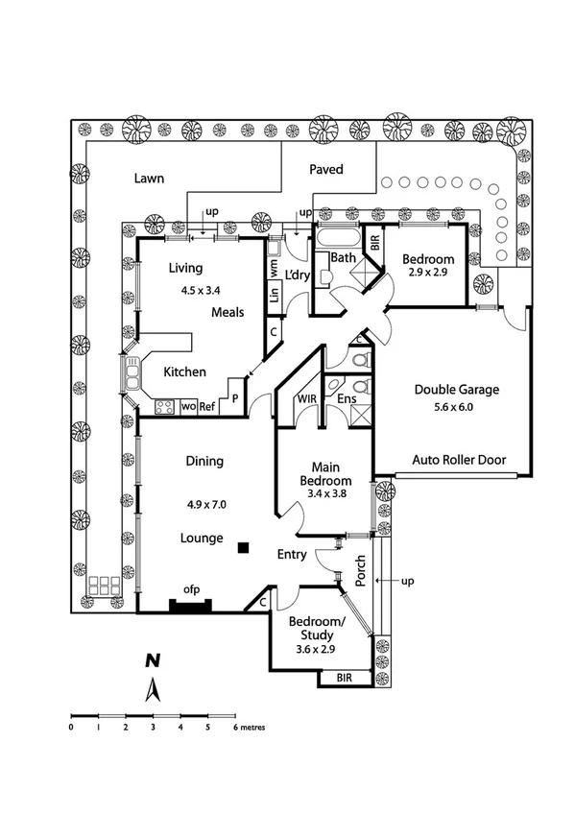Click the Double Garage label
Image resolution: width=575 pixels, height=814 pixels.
(457, 390)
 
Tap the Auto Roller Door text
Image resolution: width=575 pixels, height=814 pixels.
(459, 460)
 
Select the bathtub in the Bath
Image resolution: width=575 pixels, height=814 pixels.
(338, 239)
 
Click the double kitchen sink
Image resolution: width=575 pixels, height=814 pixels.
(132, 373)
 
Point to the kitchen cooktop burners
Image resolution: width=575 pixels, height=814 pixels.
(165, 406)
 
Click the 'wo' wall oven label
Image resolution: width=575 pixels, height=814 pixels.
(188, 407)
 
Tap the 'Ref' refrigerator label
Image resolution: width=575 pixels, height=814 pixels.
(206, 407)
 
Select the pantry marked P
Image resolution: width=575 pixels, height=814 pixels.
(234, 398)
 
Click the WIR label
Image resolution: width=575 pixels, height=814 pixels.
(307, 398)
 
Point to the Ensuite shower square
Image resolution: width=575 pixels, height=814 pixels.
(361, 415)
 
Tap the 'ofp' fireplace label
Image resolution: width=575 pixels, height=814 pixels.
(191, 589)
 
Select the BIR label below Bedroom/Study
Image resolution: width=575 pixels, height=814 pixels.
(344, 678)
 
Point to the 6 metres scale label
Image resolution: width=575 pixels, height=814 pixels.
(250, 728)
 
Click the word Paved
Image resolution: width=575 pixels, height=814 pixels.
(326, 169)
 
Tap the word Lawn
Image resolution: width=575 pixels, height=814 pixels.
(149, 179)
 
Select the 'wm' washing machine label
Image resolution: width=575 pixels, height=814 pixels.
(274, 268)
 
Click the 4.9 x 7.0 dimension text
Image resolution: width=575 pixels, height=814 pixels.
(206, 504)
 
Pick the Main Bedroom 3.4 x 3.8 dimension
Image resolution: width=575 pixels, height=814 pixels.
(326, 493)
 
